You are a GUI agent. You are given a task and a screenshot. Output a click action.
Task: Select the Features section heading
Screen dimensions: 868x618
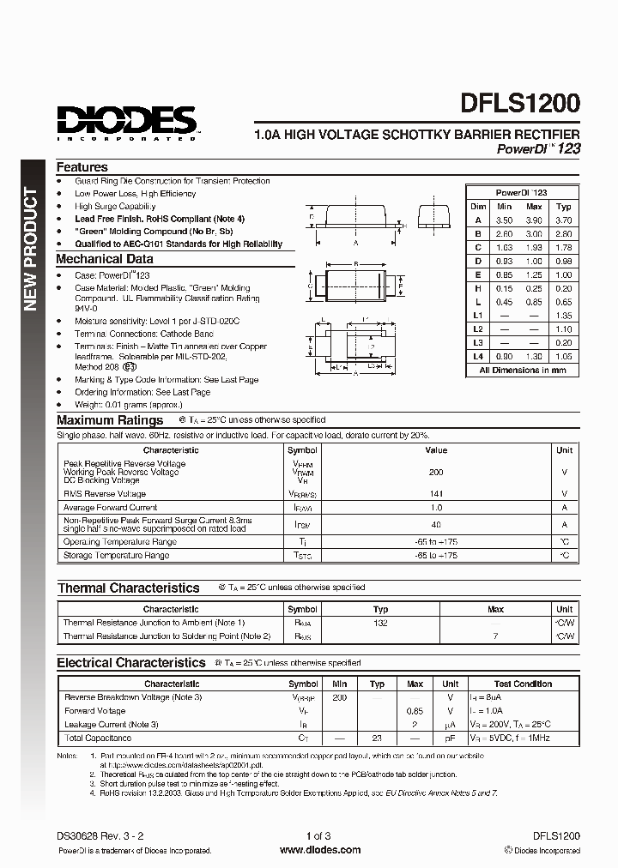click(x=82, y=167)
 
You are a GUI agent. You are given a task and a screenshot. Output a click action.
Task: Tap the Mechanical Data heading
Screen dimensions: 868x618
click(x=105, y=259)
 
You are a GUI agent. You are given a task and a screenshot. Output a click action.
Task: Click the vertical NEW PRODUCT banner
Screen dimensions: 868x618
click(x=29, y=249)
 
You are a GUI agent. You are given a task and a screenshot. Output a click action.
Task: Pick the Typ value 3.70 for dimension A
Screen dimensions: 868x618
click(x=563, y=220)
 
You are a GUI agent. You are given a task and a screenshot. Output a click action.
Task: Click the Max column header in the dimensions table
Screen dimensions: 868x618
click(x=534, y=207)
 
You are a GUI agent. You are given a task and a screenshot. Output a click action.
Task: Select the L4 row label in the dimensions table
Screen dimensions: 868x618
click(x=478, y=356)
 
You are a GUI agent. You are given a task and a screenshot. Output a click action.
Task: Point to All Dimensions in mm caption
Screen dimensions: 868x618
click(x=523, y=371)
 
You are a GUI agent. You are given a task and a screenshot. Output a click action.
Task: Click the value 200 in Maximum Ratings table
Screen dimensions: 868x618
click(x=435, y=472)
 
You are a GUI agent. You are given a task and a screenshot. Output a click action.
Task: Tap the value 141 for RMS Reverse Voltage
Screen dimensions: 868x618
click(x=435, y=494)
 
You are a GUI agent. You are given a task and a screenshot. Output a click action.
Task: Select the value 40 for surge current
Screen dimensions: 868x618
click(x=435, y=524)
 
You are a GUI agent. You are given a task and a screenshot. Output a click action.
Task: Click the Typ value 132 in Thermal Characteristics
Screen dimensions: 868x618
click(x=380, y=623)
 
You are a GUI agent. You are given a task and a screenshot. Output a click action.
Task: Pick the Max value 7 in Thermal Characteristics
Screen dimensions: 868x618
click(x=495, y=636)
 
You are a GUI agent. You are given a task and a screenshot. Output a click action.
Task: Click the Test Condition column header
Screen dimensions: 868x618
click(x=522, y=684)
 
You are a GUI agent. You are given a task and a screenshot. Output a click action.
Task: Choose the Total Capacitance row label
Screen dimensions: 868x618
click(x=98, y=738)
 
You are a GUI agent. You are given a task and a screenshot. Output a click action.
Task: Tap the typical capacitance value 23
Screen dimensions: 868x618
click(x=377, y=738)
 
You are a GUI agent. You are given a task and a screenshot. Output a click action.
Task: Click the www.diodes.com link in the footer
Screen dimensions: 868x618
click(x=320, y=850)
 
